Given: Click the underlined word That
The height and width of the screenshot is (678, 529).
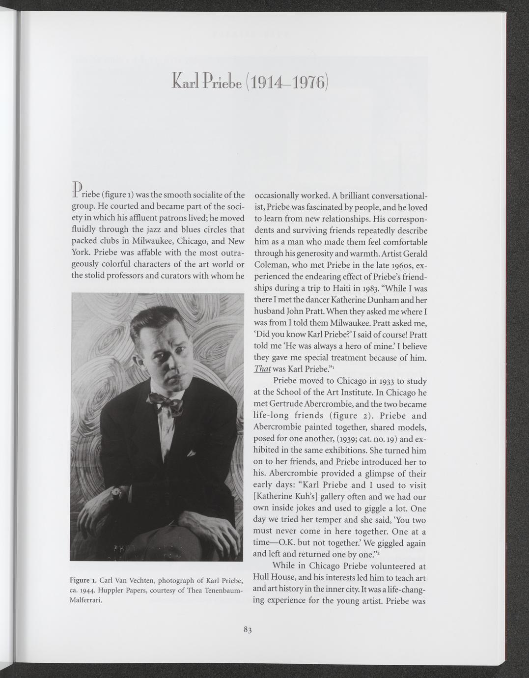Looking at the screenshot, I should pos(262,369).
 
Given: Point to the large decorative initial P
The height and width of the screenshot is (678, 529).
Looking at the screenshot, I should pos(76,188).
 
